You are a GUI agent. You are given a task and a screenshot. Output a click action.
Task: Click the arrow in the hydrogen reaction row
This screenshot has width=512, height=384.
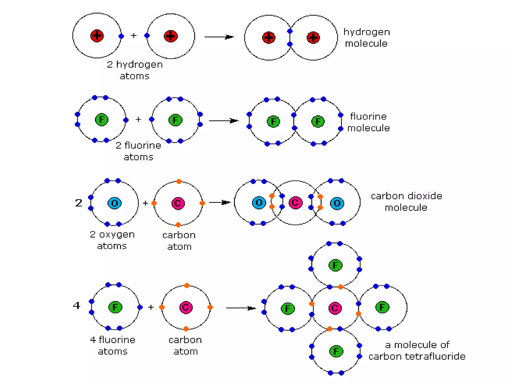tap(219, 37)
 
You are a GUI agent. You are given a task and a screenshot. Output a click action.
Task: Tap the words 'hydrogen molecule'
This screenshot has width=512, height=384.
tap(366, 38)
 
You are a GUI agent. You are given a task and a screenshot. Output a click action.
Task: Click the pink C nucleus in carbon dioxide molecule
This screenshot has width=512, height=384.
tap(295, 203)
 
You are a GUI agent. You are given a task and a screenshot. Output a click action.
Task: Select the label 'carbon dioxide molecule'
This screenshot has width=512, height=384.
tap(406, 201)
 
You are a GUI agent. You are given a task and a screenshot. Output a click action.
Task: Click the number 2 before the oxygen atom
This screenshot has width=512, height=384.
tap(78, 203)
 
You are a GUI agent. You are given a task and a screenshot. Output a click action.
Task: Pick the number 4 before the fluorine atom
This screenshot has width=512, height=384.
tap(76, 305)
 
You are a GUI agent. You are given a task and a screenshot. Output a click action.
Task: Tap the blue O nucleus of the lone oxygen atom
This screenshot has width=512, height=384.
tap(114, 203)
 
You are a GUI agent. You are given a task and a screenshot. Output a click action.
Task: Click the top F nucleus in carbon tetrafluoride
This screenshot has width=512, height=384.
tap(335, 265)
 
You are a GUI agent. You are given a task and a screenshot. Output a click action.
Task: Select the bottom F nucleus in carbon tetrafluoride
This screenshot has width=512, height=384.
tap(336, 351)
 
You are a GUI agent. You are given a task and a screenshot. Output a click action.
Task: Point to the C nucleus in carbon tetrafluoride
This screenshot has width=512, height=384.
tap(335, 308)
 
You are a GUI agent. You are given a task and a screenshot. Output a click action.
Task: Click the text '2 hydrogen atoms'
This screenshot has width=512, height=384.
tap(135, 70)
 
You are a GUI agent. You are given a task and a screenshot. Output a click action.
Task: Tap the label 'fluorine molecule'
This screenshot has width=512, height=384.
tap(368, 122)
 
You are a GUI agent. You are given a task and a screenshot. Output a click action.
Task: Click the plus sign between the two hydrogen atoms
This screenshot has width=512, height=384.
tap(134, 36)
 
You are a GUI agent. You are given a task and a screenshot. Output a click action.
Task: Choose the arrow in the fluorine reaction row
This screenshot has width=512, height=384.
tap(223, 121)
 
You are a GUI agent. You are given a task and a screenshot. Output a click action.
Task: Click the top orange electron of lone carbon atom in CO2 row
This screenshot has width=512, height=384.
tap(179, 181)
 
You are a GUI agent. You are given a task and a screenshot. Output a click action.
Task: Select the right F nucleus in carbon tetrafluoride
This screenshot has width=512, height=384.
tap(382, 307)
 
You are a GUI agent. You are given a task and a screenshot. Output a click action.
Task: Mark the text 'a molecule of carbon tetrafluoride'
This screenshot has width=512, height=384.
tap(417, 350)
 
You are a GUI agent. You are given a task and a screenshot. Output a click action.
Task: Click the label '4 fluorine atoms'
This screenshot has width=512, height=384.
tap(112, 345)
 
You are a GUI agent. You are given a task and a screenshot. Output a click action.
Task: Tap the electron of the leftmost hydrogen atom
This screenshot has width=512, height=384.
tap(121, 36)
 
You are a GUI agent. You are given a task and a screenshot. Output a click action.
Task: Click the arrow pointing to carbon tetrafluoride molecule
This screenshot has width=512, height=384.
tap(240, 308)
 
